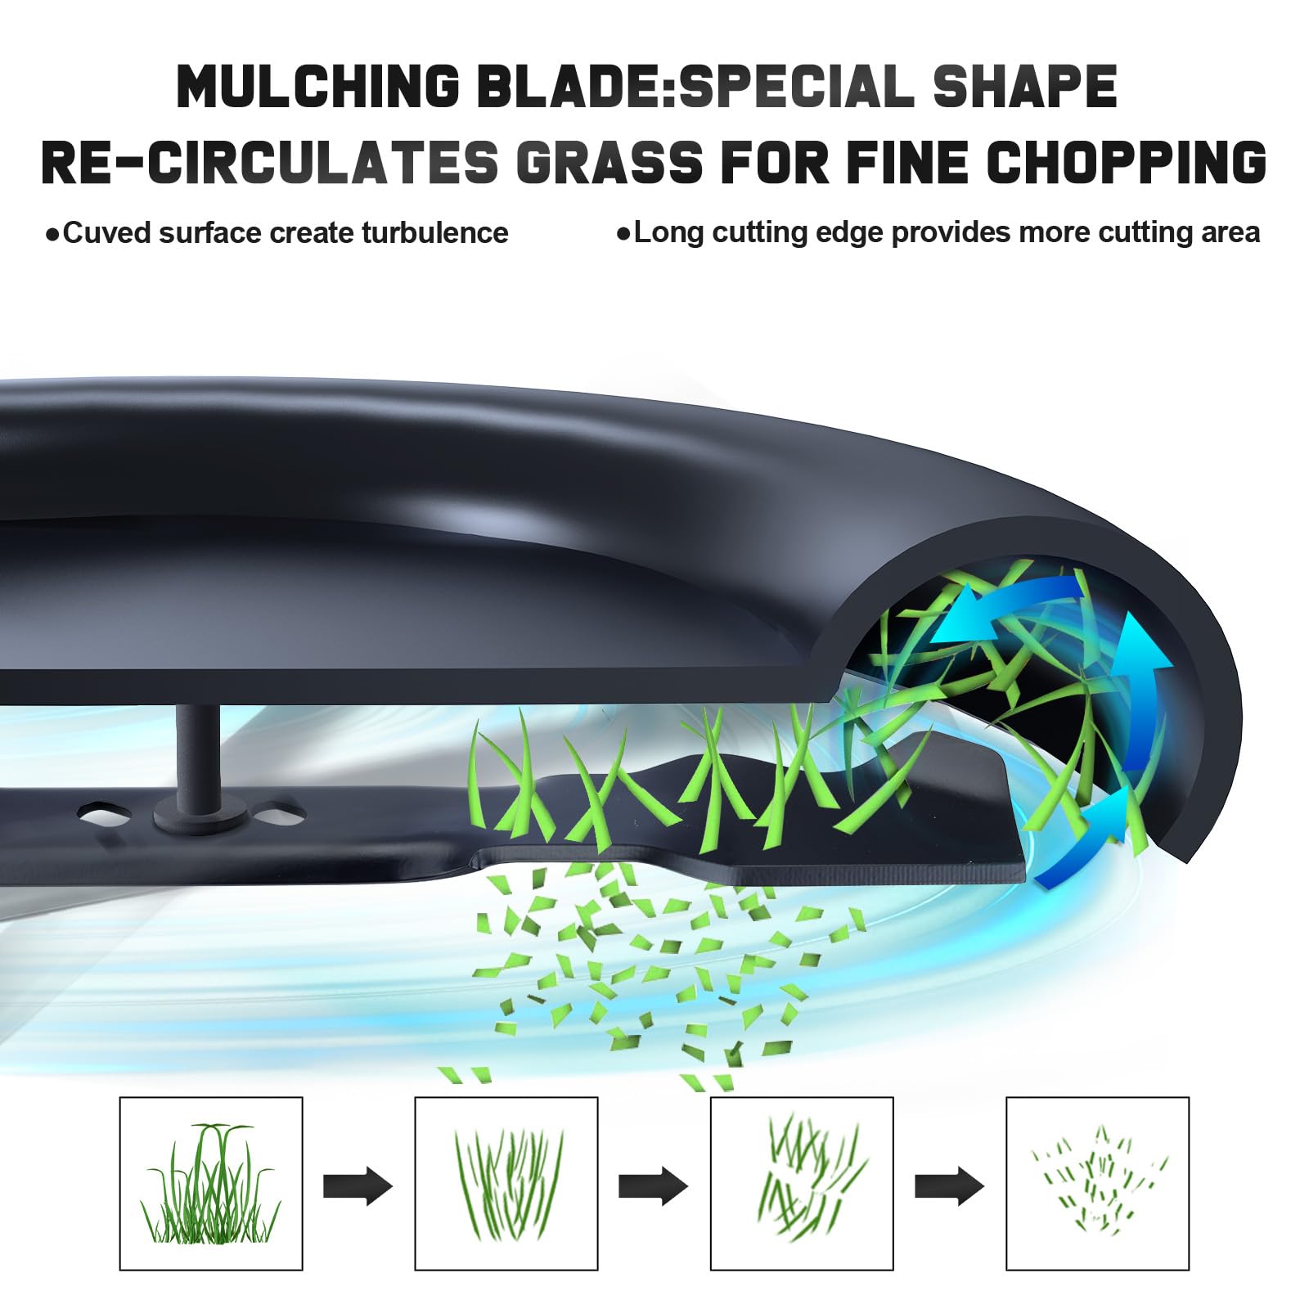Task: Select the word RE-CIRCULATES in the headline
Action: pyautogui.click(x=270, y=161)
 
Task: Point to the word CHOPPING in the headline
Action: pyautogui.click(x=1127, y=161)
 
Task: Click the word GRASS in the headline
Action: pyautogui.click(x=610, y=161)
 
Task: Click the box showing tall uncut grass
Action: pyautogui.click(x=211, y=1183)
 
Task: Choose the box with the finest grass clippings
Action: pyautogui.click(x=1097, y=1183)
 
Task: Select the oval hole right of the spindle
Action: pyautogui.click(x=279, y=814)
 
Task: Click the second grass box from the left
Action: pyautogui.click(x=506, y=1183)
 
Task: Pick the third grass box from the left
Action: pyautogui.click(x=802, y=1183)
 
